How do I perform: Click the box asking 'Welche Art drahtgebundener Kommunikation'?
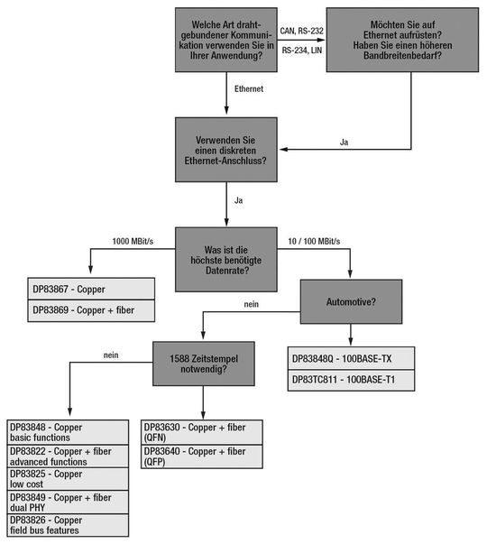point(226,41)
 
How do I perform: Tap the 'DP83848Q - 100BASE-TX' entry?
point(351,359)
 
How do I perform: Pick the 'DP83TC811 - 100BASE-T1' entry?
point(351,381)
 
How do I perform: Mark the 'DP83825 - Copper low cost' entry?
point(69,478)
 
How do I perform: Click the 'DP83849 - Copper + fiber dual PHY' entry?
point(69,502)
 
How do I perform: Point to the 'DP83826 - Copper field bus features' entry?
point(69,525)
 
